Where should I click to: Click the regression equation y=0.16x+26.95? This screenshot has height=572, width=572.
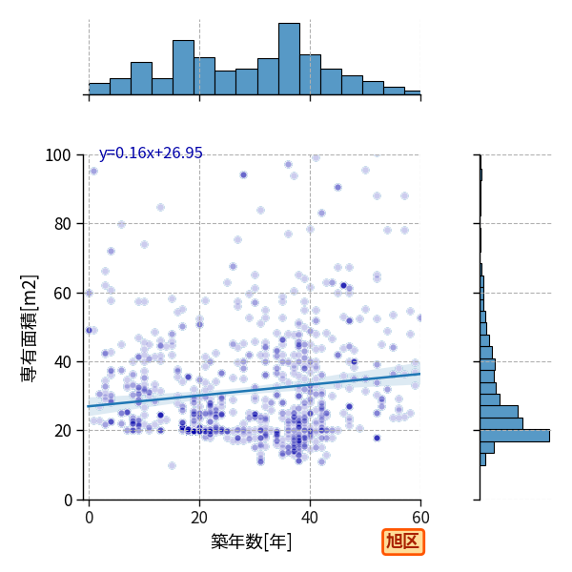pyautogui.click(x=151, y=153)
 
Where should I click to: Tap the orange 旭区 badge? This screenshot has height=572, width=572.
pyautogui.click(x=403, y=541)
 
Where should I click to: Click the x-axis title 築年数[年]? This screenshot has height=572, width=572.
pyautogui.click(x=251, y=541)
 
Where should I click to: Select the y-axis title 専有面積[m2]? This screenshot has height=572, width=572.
pyautogui.click(x=29, y=328)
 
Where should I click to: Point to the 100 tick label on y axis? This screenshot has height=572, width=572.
pyautogui.click(x=57, y=155)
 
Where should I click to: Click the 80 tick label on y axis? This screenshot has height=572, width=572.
pyautogui.click(x=62, y=224)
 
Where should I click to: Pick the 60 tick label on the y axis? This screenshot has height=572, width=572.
pyautogui.click(x=62, y=294)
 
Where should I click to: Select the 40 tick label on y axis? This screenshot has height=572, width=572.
pyautogui.click(x=62, y=362)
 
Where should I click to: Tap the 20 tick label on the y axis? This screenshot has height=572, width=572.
pyautogui.click(x=62, y=431)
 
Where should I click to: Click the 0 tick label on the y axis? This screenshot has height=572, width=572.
pyautogui.click(x=68, y=500)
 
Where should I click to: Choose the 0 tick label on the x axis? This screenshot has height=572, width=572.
pyautogui.click(x=90, y=518)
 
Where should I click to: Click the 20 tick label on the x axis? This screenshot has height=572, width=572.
pyautogui.click(x=199, y=518)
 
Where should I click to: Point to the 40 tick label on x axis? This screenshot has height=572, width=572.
pyautogui.click(x=310, y=518)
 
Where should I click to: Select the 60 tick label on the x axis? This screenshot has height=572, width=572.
pyautogui.click(x=420, y=518)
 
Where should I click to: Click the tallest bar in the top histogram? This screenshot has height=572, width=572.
pyautogui.click(x=289, y=59)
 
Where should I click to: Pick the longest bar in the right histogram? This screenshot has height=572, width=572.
pyautogui.click(x=515, y=436)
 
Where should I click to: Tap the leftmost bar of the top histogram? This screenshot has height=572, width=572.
pyautogui.click(x=99, y=89)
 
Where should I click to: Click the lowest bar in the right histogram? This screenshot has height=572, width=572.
pyautogui.click(x=483, y=460)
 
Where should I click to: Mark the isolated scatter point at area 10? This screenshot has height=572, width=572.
pyautogui.click(x=173, y=465)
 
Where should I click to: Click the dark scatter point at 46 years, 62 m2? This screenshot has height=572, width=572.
pyautogui.click(x=343, y=286)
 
